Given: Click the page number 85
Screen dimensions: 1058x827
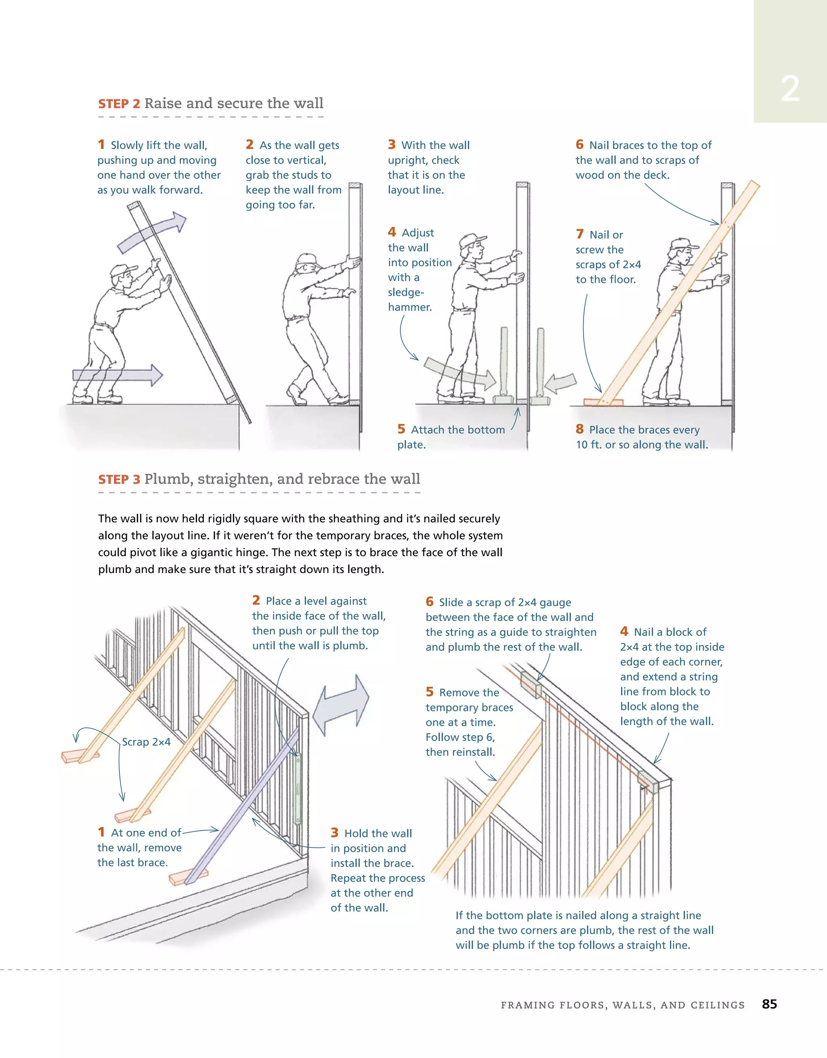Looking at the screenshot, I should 769,1004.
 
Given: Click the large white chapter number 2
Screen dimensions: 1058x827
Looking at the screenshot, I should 790,89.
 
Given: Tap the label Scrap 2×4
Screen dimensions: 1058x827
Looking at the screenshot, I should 146,742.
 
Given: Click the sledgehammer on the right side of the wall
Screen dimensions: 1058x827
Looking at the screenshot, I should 540,368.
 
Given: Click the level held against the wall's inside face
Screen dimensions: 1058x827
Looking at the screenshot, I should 298,788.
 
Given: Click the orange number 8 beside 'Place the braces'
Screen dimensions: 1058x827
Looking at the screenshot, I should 579,429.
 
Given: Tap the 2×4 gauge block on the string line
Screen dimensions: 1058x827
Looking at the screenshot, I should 531,684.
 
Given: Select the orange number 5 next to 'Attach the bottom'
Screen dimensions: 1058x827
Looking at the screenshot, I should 401,429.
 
